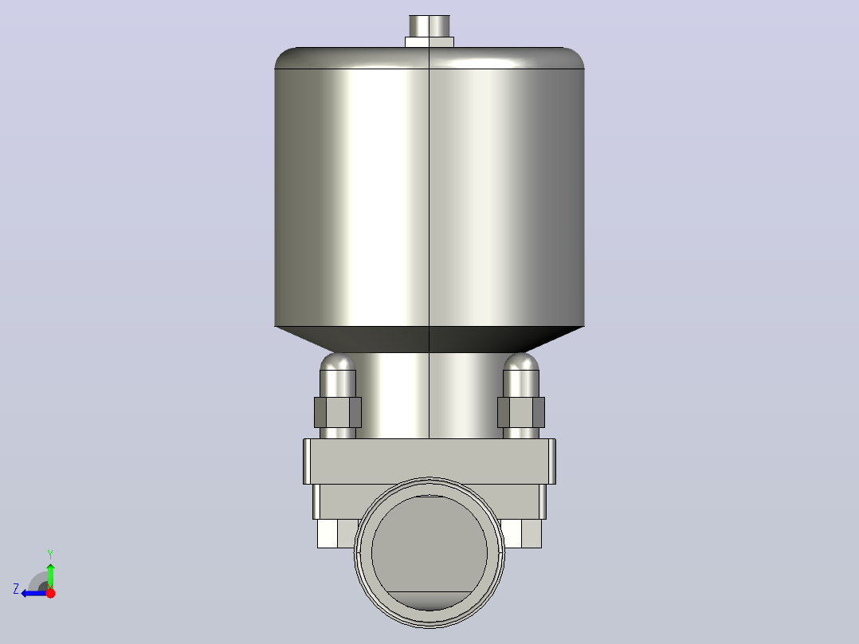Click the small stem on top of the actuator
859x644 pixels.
pos(429,26)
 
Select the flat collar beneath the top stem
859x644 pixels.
pos(429,42)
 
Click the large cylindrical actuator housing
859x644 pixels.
pos(429,187)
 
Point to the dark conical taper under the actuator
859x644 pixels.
pos(429,340)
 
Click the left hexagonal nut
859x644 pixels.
pos(338,412)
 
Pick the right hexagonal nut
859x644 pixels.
pos(521,412)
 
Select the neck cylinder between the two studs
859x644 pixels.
pos(429,395)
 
